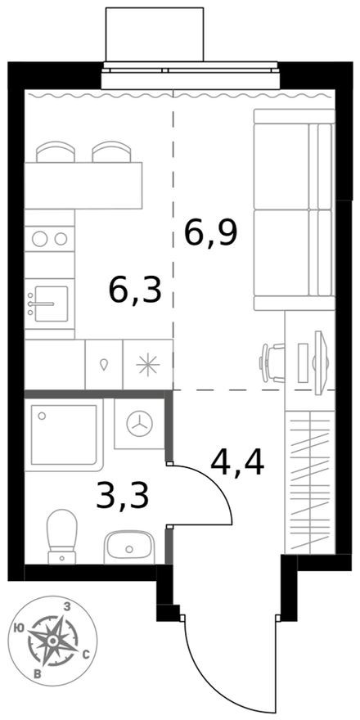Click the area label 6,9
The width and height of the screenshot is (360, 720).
click(210, 234)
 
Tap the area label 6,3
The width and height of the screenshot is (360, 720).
click(135, 288)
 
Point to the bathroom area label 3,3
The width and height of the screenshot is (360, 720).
click(122, 496)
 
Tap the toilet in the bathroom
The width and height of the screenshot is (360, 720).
click(61, 536)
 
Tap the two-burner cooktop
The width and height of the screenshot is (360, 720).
click(49, 239)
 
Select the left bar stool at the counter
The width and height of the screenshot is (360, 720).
click(56, 152)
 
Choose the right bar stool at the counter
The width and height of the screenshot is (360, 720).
click(109, 152)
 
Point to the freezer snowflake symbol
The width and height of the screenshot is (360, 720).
click(147, 365)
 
